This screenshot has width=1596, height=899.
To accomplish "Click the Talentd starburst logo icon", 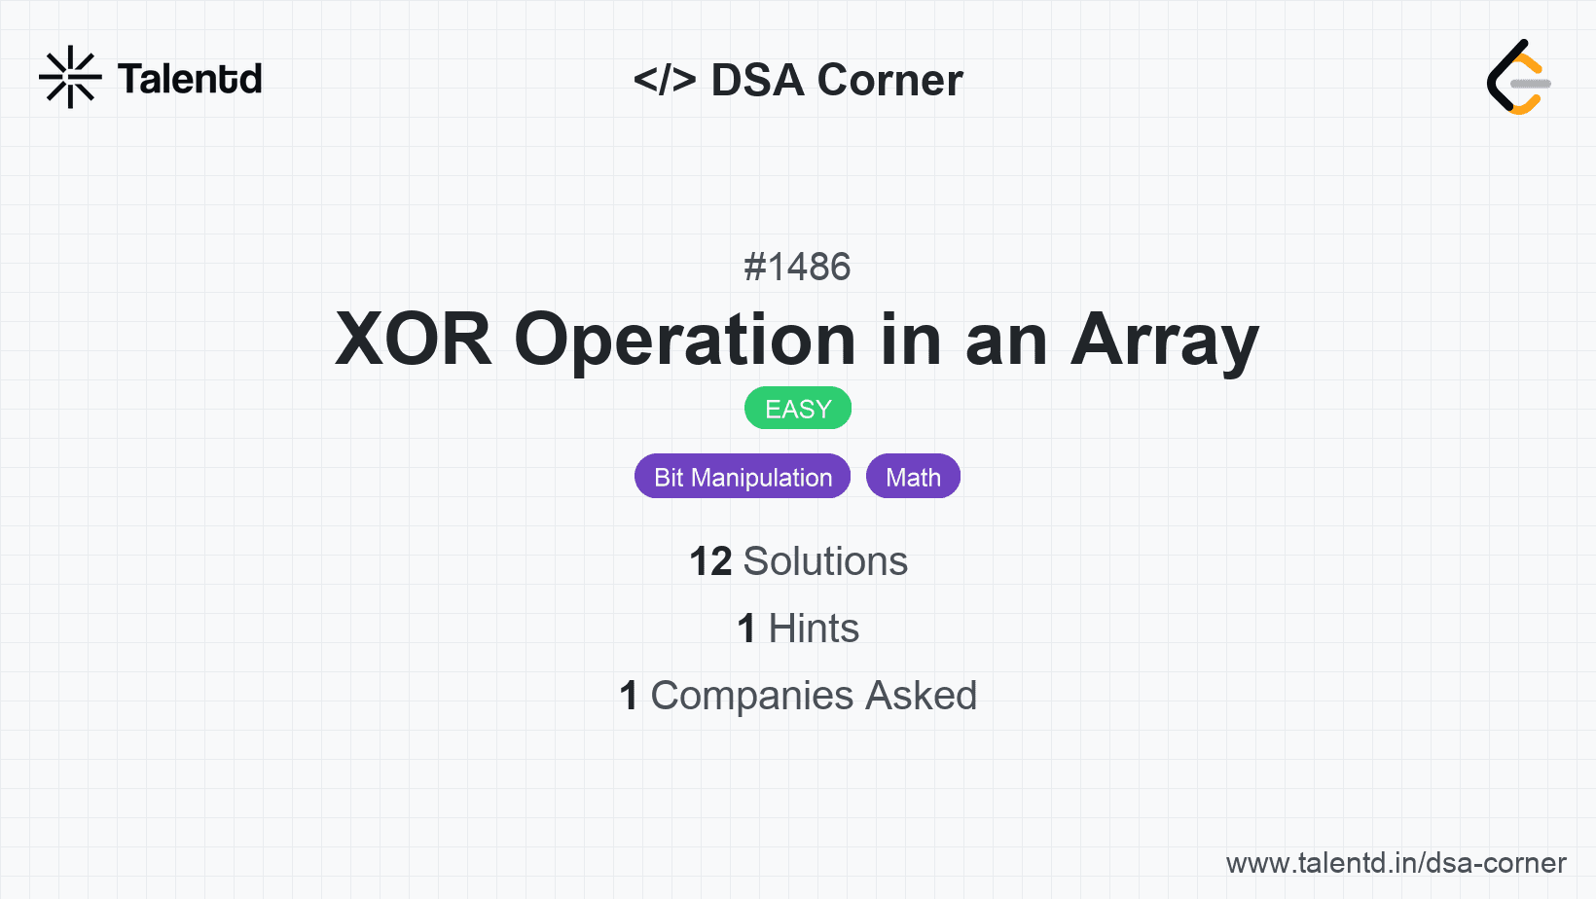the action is pyautogui.click(x=70, y=77).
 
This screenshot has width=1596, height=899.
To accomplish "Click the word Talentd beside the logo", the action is pyautogui.click(x=190, y=79).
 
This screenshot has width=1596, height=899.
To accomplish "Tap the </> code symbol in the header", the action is pyautogui.click(x=664, y=79).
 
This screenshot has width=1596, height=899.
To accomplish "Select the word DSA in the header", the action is pyautogui.click(x=758, y=80).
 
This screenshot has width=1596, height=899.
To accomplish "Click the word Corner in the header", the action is pyautogui.click(x=889, y=80).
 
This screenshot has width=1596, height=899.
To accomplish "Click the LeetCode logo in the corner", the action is pyautogui.click(x=1518, y=77).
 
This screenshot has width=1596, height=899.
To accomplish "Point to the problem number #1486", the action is pyautogui.click(x=797, y=267).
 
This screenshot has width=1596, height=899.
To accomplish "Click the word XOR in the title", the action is pyautogui.click(x=414, y=340).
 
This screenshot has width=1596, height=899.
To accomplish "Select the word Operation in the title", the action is pyautogui.click(x=685, y=342).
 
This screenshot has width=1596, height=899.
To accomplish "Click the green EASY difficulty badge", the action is pyautogui.click(x=798, y=409).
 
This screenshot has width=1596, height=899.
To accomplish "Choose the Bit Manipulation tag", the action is pyautogui.click(x=743, y=477).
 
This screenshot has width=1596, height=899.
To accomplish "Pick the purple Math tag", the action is pyautogui.click(x=914, y=477).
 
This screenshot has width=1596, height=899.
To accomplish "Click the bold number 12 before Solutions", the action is pyautogui.click(x=710, y=561).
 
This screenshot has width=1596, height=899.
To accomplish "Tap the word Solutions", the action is pyautogui.click(x=825, y=561).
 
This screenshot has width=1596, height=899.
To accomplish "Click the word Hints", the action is pyautogui.click(x=814, y=629).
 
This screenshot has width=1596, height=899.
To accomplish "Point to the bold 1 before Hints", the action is pyautogui.click(x=746, y=629).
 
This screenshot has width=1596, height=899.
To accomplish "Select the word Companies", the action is pyautogui.click(x=751, y=697).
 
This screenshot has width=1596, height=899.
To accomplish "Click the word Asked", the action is pyautogui.click(x=921, y=696).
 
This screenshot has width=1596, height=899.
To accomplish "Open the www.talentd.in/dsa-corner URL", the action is pyautogui.click(x=1396, y=863).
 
